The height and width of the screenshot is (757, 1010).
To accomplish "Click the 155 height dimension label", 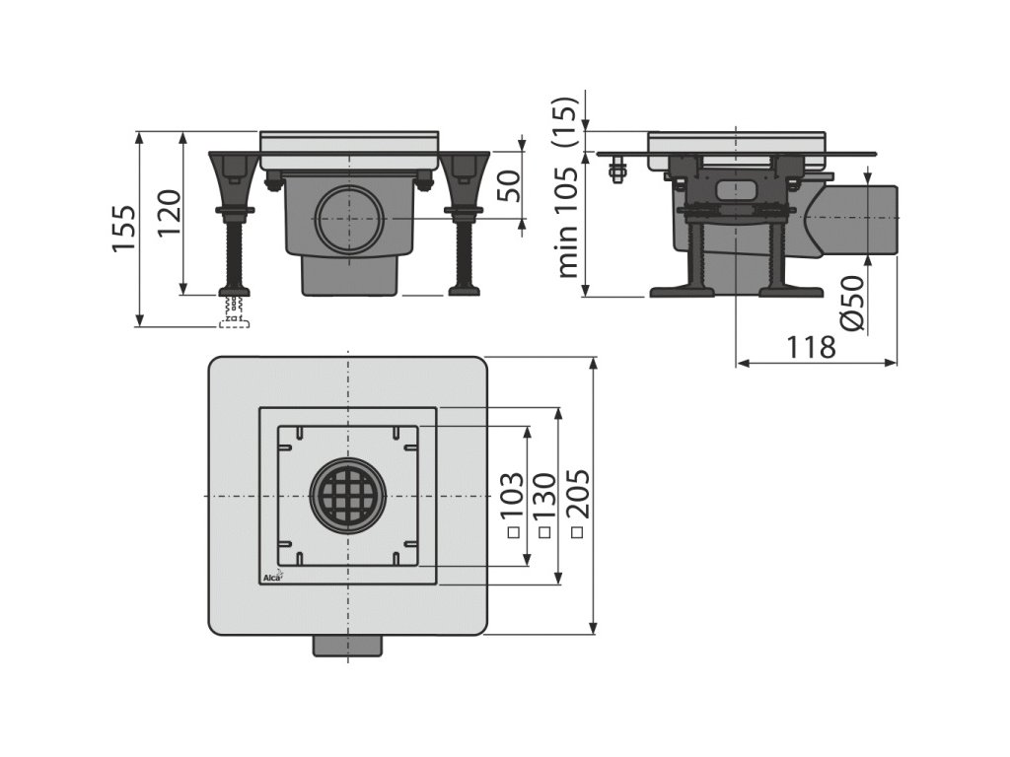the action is click(123, 229).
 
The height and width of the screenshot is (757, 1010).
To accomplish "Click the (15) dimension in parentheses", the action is click(563, 121).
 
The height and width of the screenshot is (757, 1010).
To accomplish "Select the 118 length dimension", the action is click(812, 347).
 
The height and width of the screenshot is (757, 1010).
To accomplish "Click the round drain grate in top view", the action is click(348, 495).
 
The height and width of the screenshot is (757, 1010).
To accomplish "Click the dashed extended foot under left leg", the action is click(234, 313).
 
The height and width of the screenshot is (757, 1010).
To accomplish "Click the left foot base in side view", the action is click(681, 290).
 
